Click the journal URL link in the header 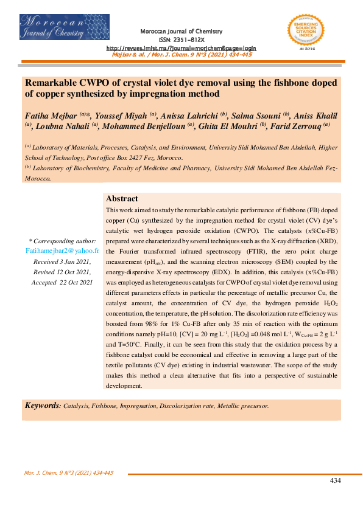181,47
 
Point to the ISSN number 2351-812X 181,39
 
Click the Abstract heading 122,199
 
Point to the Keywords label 42,405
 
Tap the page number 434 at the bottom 335,480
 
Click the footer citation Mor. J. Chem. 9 68,472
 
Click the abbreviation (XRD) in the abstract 326,241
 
